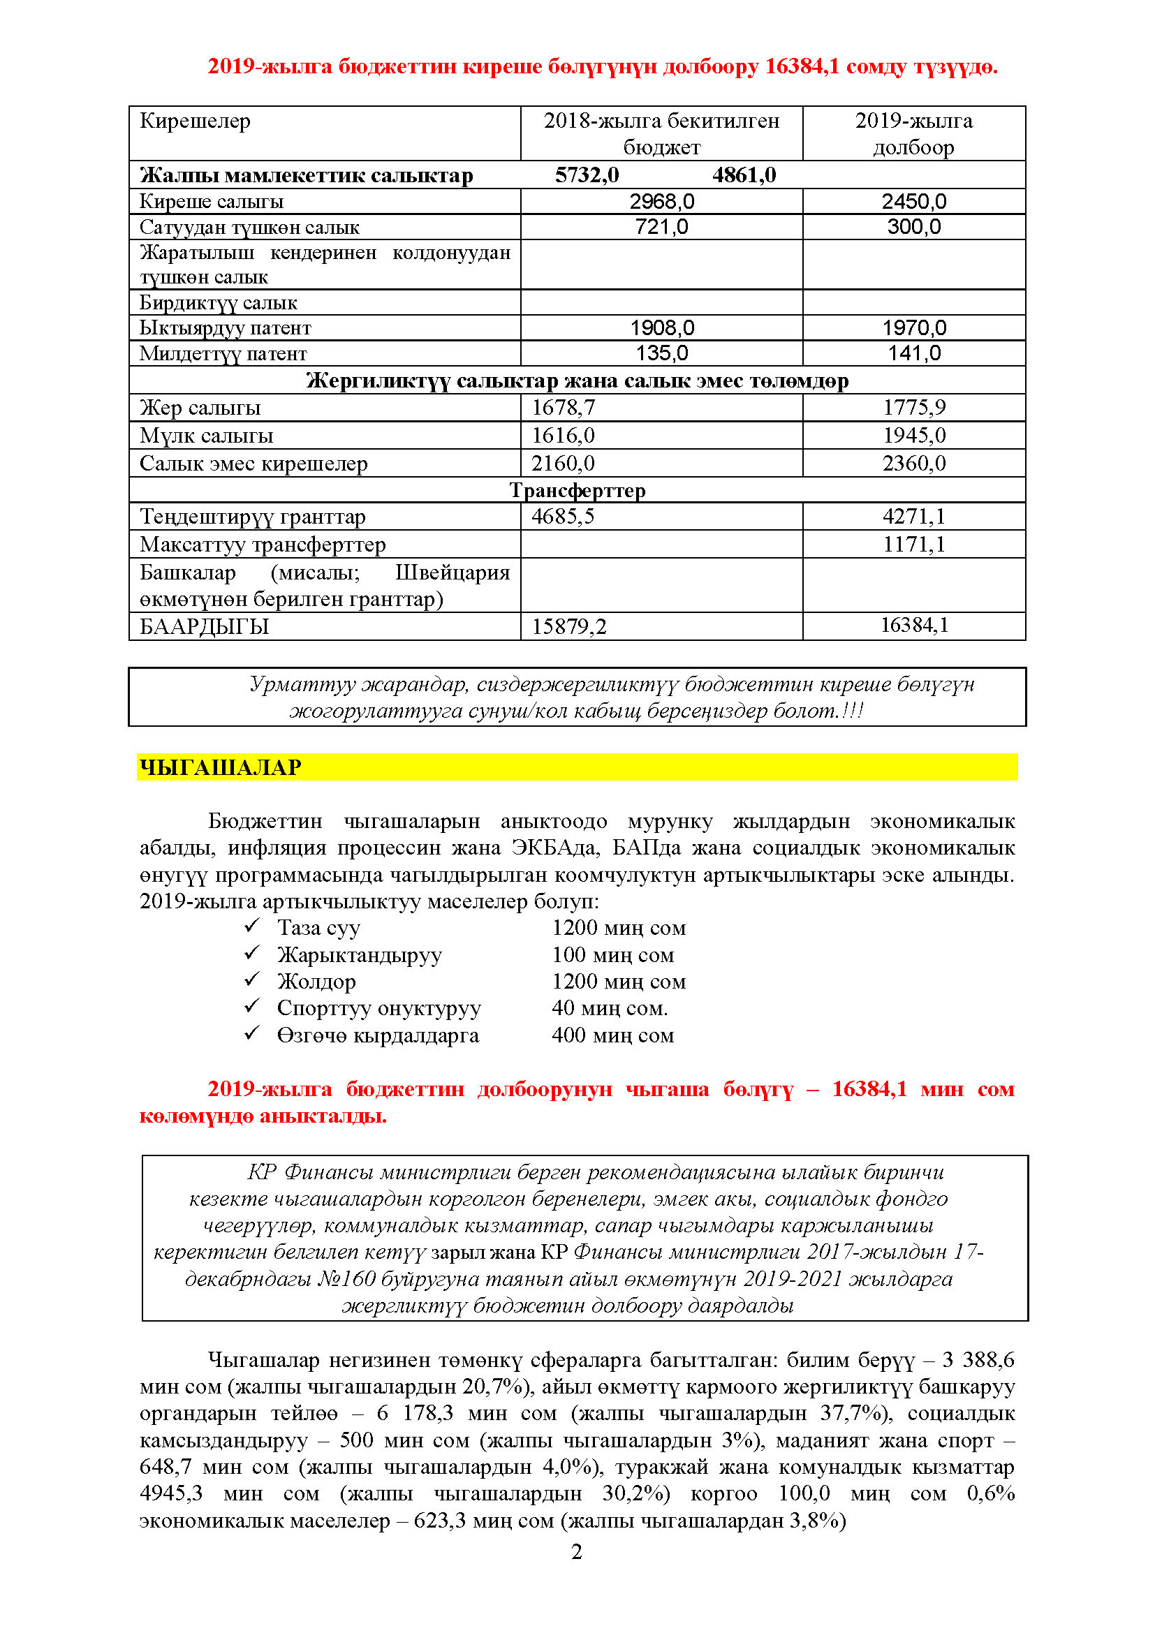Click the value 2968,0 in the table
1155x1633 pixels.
661,201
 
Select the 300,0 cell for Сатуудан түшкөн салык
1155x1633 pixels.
913,227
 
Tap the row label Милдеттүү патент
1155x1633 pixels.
223,353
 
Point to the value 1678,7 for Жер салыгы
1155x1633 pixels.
564,408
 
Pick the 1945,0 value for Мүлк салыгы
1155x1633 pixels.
914,435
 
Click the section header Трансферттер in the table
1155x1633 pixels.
577,490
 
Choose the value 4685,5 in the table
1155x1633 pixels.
563,517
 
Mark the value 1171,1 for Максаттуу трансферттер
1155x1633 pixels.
914,544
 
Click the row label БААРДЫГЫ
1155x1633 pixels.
204,626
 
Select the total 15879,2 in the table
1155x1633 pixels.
569,626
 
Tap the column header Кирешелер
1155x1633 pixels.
195,121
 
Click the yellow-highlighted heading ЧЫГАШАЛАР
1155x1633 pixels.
221,767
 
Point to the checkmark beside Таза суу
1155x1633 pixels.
252,926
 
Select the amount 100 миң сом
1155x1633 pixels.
612,954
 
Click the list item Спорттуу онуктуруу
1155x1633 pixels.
378,1008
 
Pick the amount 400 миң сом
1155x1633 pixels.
612,1035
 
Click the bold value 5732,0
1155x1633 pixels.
587,175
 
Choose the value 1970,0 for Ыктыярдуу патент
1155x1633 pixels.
914,328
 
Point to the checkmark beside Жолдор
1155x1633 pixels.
252,980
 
